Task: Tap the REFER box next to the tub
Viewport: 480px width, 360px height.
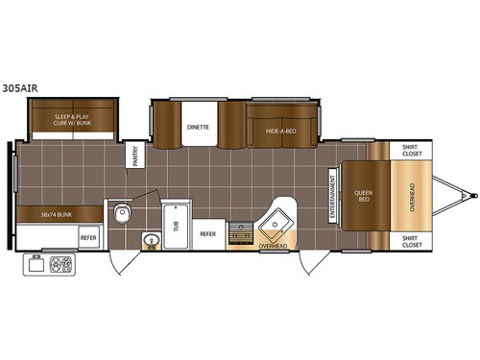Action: pyautogui.click(x=207, y=233)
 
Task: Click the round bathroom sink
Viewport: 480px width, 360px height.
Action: pyautogui.click(x=149, y=239)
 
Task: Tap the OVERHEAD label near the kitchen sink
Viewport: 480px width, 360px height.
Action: pyautogui.click(x=274, y=247)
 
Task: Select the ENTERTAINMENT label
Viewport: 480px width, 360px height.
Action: pyautogui.click(x=332, y=196)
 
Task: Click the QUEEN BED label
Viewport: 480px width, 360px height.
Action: pyautogui.click(x=364, y=196)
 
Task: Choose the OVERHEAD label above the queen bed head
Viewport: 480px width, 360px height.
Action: pyautogui.click(x=412, y=196)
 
